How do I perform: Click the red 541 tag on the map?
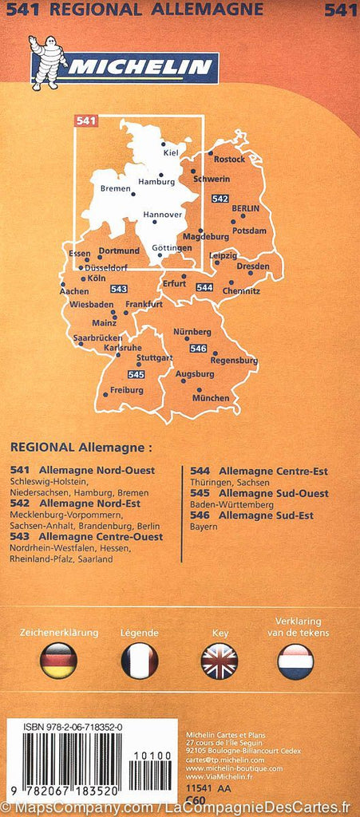click(x=86, y=121)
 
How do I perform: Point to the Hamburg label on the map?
click(x=156, y=182)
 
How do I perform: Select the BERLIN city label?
click(x=246, y=208)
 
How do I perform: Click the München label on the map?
click(x=211, y=398)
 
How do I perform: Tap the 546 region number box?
click(x=199, y=349)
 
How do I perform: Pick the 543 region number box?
click(x=119, y=289)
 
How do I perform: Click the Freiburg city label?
click(x=127, y=390)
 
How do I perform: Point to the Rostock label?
click(x=230, y=159)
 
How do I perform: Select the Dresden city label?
click(x=253, y=266)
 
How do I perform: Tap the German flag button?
click(x=58, y=661)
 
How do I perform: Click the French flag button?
click(x=140, y=661)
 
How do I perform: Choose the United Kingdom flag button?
click(x=219, y=661)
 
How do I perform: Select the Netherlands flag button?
click(x=295, y=661)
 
